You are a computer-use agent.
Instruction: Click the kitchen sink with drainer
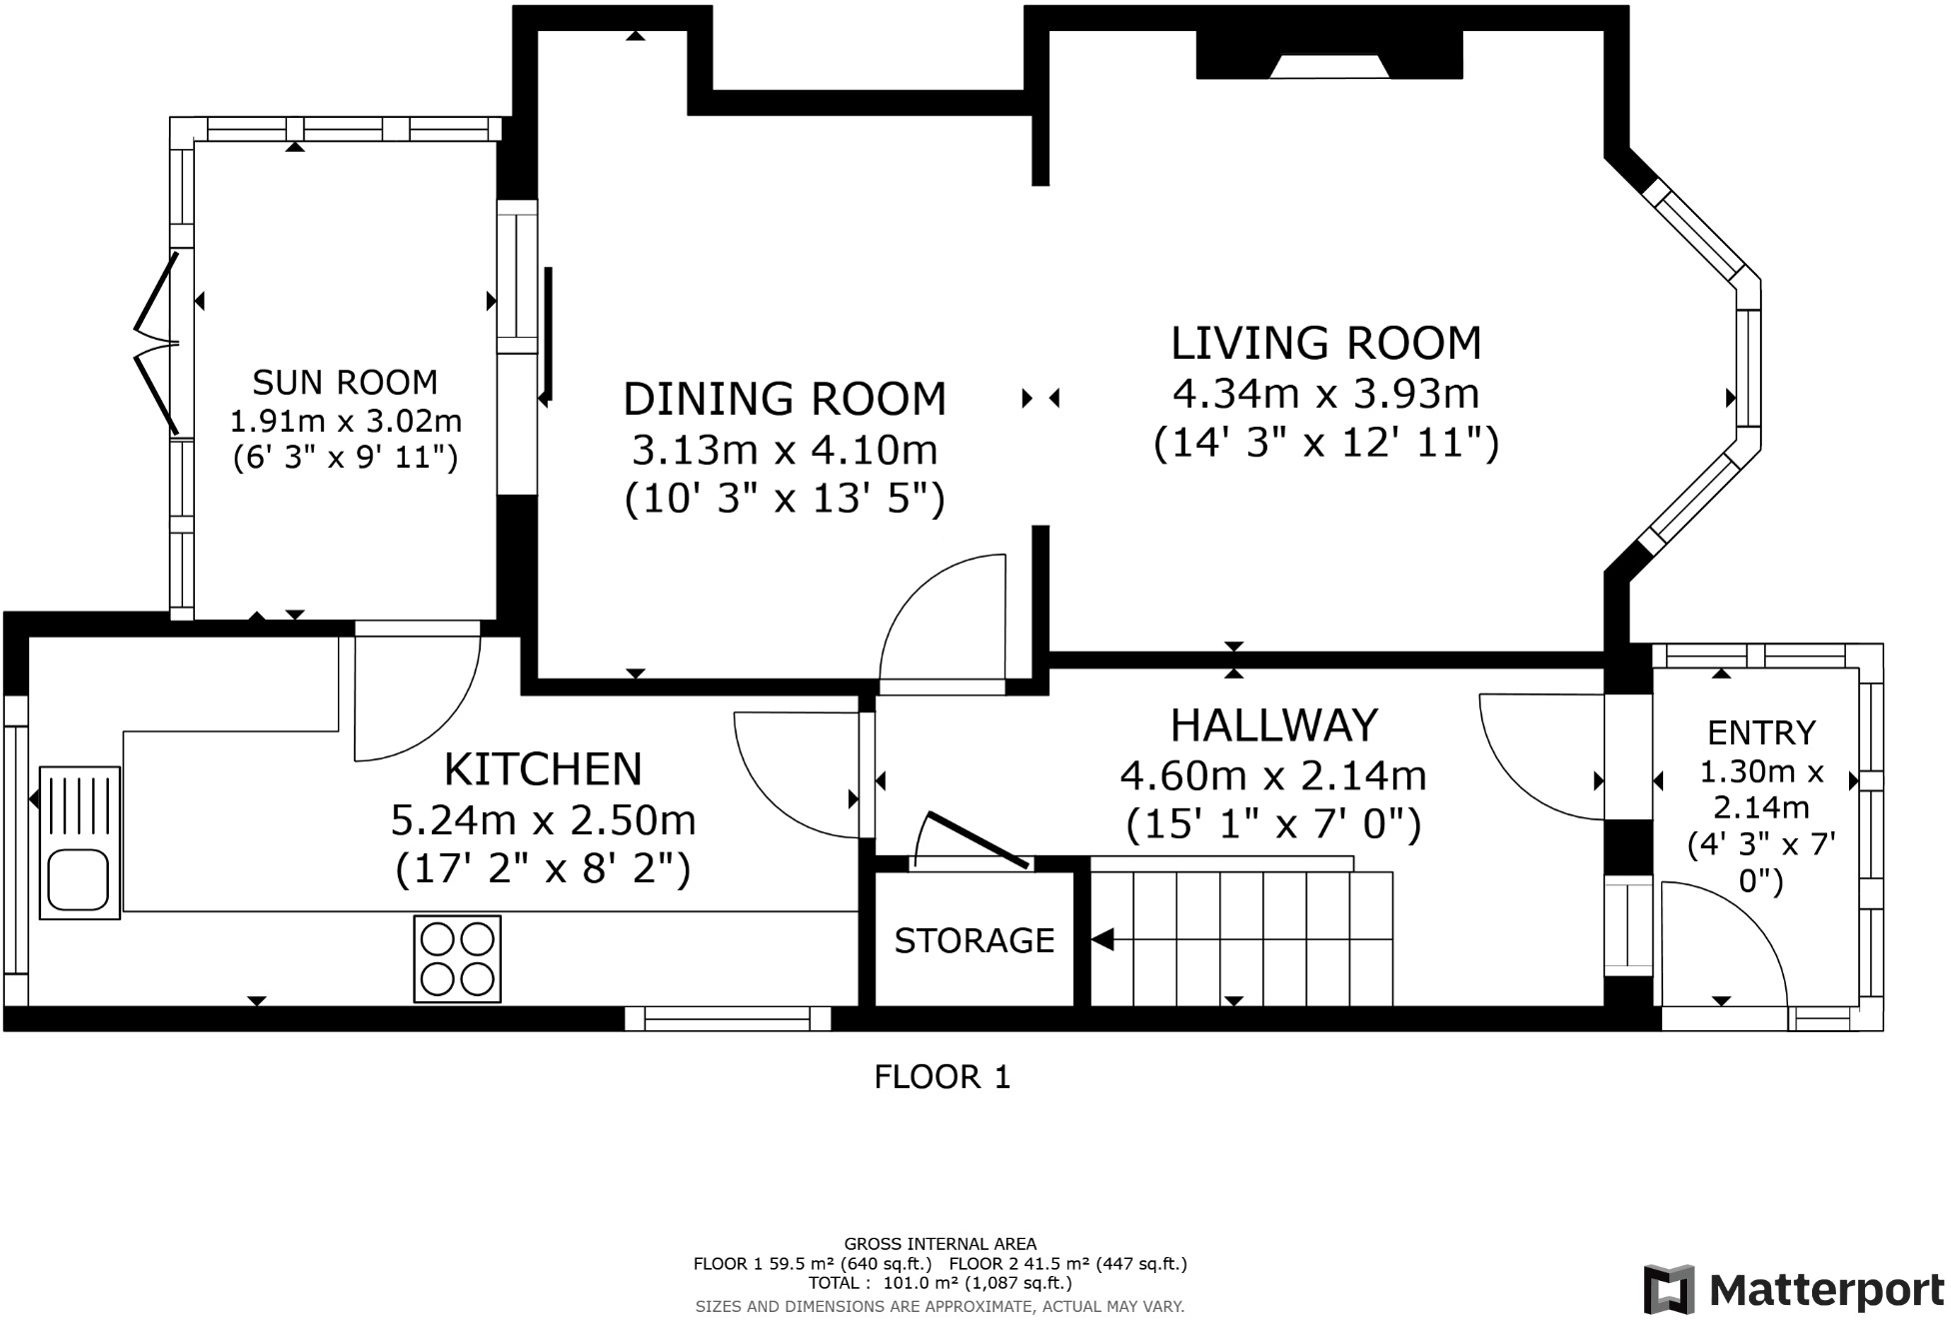[x=80, y=842]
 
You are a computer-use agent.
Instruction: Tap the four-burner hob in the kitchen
[x=458, y=958]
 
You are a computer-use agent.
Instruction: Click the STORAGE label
[x=975, y=940]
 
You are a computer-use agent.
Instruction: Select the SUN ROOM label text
[x=345, y=382]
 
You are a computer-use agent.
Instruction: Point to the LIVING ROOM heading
[x=1326, y=343]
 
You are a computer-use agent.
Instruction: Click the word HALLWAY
[x=1274, y=725]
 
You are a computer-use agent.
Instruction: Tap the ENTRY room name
[x=1761, y=732]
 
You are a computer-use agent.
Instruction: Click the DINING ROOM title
[x=785, y=399]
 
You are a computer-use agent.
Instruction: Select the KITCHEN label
[x=543, y=769]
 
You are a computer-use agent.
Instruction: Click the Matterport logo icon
[x=1669, y=1289]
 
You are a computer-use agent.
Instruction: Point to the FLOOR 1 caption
[x=943, y=1076]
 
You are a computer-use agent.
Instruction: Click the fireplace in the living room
[x=1329, y=55]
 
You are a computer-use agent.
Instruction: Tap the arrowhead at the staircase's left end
[x=1102, y=940]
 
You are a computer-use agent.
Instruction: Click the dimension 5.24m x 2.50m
[x=543, y=820]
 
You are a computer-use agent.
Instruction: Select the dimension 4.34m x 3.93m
[x=1326, y=394]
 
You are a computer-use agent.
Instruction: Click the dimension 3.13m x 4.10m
[x=785, y=450]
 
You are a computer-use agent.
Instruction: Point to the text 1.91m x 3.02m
[x=346, y=420]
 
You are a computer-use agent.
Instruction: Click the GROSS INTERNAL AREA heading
[x=941, y=1244]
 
